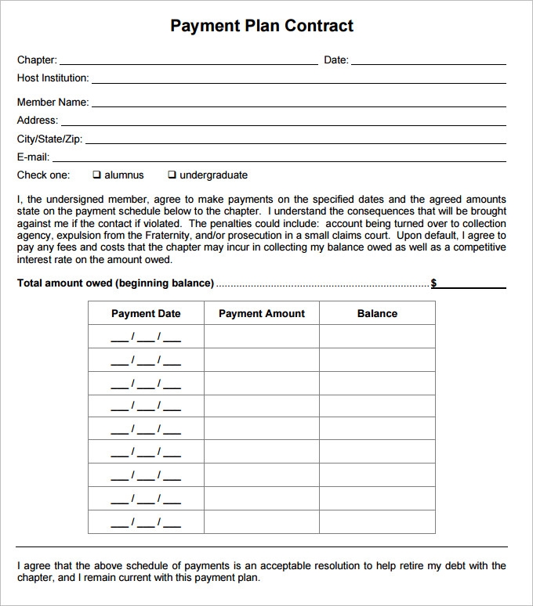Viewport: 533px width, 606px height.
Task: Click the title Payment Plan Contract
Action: (262, 26)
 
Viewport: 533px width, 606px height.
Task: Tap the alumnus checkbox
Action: (97, 175)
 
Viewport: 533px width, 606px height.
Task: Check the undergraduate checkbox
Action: (172, 175)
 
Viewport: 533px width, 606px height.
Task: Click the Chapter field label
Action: (36, 60)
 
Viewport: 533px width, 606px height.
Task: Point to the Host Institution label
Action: (53, 78)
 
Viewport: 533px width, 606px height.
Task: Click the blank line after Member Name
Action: (299, 104)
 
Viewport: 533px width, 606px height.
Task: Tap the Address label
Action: (37, 121)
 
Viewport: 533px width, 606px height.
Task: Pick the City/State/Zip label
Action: (49, 139)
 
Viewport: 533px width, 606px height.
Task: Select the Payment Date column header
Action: (146, 313)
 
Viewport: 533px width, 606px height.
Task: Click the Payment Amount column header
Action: (262, 313)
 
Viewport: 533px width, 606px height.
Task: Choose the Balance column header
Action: (377, 313)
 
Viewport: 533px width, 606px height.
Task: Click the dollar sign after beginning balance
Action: (434, 283)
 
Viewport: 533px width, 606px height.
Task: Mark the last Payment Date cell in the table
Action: (146, 522)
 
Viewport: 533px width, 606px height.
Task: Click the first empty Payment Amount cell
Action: (262, 337)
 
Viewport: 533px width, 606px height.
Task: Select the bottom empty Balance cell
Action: (377, 521)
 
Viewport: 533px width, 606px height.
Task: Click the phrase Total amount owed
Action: (64, 283)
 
